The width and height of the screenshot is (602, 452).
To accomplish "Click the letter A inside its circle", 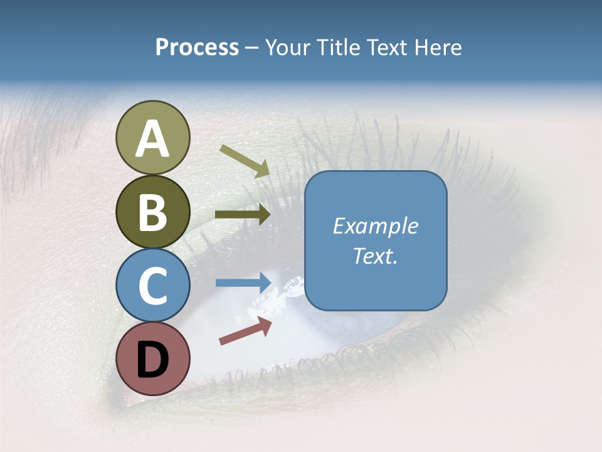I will point(153,139).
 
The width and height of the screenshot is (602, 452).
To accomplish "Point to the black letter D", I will point(153,360).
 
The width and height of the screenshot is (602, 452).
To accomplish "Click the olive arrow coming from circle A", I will point(245,161).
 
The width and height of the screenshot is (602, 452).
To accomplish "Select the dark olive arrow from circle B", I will point(243,215).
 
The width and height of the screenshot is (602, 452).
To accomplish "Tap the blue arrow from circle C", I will point(243,283).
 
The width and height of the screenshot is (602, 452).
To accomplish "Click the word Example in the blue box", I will point(376,226).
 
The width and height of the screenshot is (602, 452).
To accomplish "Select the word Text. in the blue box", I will point(376,256).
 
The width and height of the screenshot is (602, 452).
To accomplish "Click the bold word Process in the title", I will point(197,47).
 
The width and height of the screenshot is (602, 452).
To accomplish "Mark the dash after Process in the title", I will point(252,48).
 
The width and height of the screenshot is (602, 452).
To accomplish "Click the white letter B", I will point(153,213).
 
